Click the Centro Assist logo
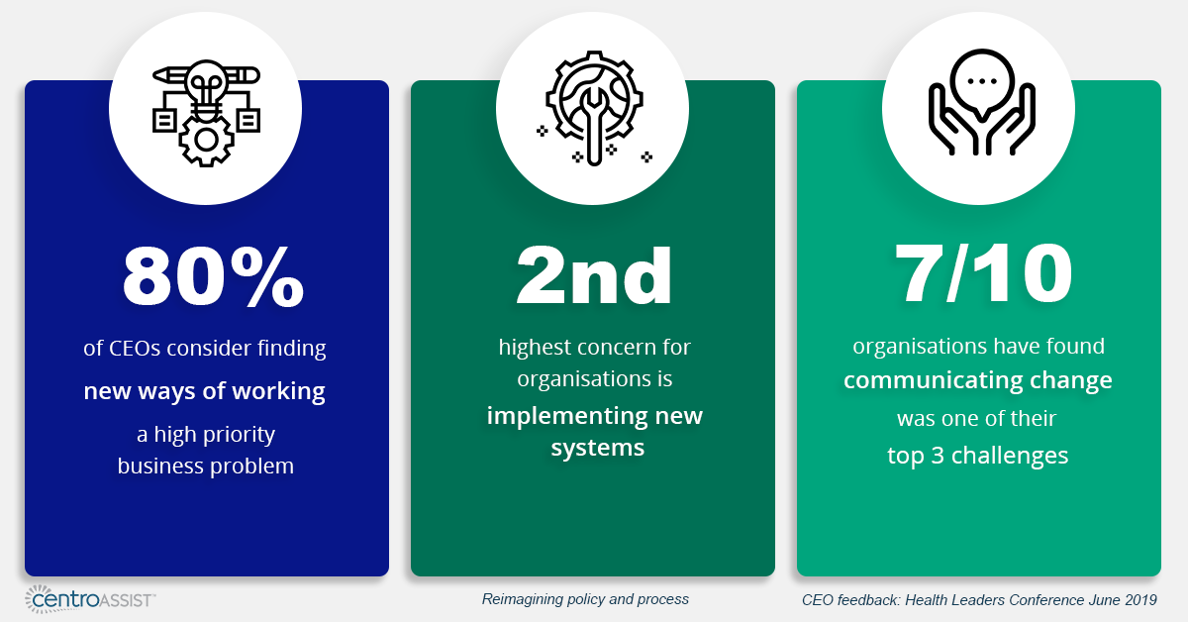[89, 598]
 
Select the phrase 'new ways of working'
[205, 391]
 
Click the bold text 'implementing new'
[594, 415]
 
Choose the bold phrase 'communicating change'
[978, 380]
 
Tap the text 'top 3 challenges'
[978, 456]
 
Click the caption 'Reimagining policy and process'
[585, 599]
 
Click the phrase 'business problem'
[206, 466]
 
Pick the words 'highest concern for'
[594, 348]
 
